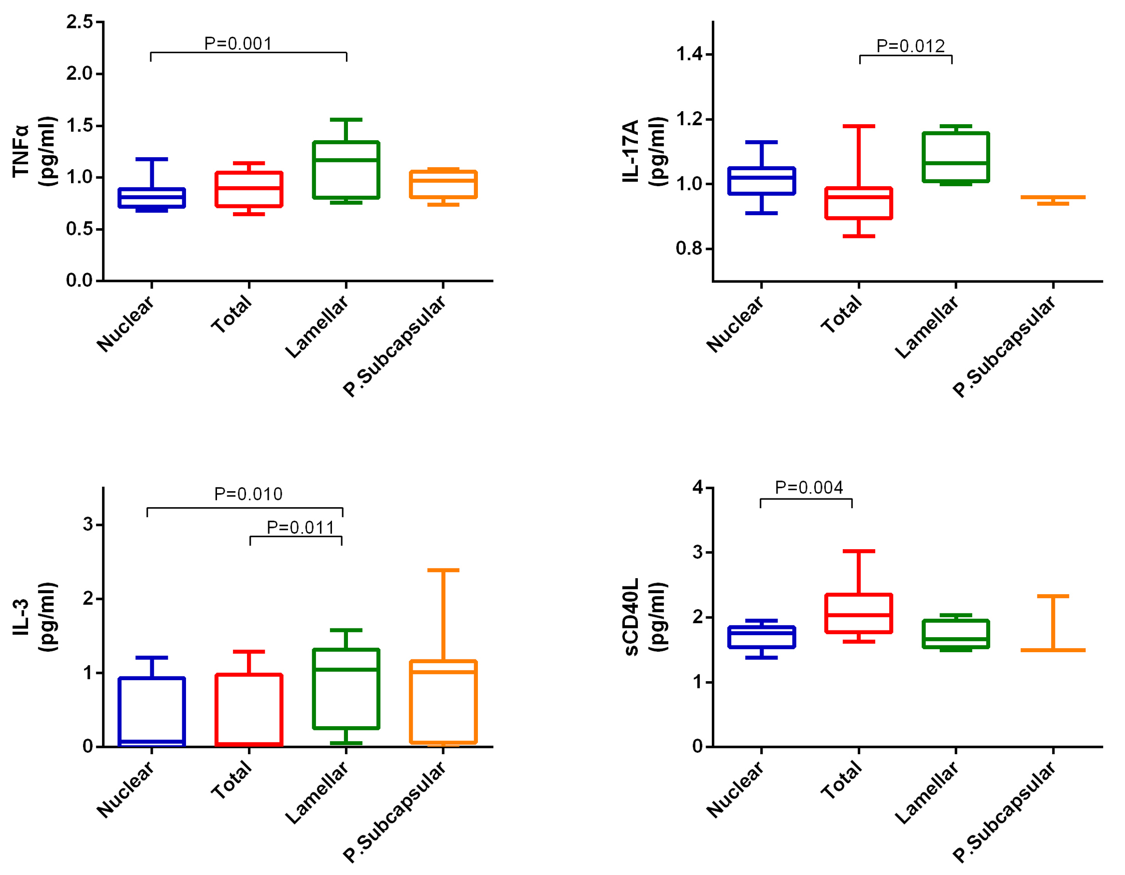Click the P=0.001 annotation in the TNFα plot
point(238,44)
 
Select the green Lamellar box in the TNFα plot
point(346,170)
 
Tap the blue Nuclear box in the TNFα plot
point(151,198)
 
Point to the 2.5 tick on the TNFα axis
point(80,22)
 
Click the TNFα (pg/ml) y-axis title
point(33,151)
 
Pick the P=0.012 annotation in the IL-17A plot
point(910,46)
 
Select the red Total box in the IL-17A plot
point(859,203)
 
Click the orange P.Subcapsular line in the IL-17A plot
point(1053,197)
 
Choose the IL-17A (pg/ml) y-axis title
point(644,151)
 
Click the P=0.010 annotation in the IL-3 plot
point(248,494)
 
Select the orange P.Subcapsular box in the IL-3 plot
point(443,702)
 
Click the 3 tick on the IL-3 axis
point(88,525)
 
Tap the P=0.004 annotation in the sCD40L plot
point(809,487)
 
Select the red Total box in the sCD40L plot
point(859,613)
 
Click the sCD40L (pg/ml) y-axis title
point(644,617)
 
